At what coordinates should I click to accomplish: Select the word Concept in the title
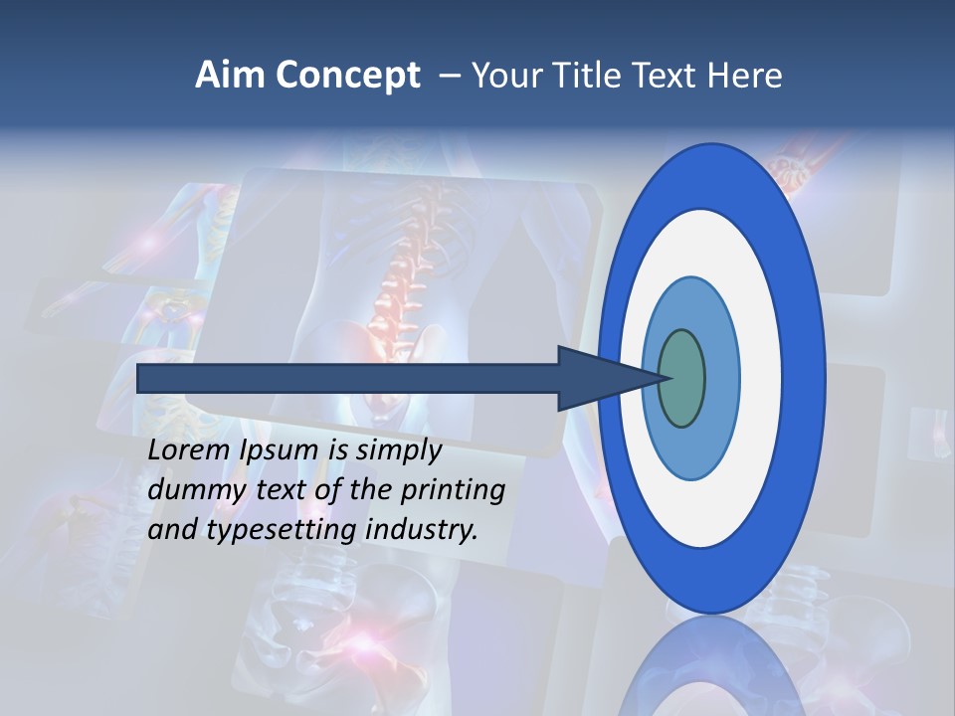click(x=347, y=76)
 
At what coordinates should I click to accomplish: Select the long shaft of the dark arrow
click(x=348, y=378)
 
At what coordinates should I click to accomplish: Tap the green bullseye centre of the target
click(x=681, y=378)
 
